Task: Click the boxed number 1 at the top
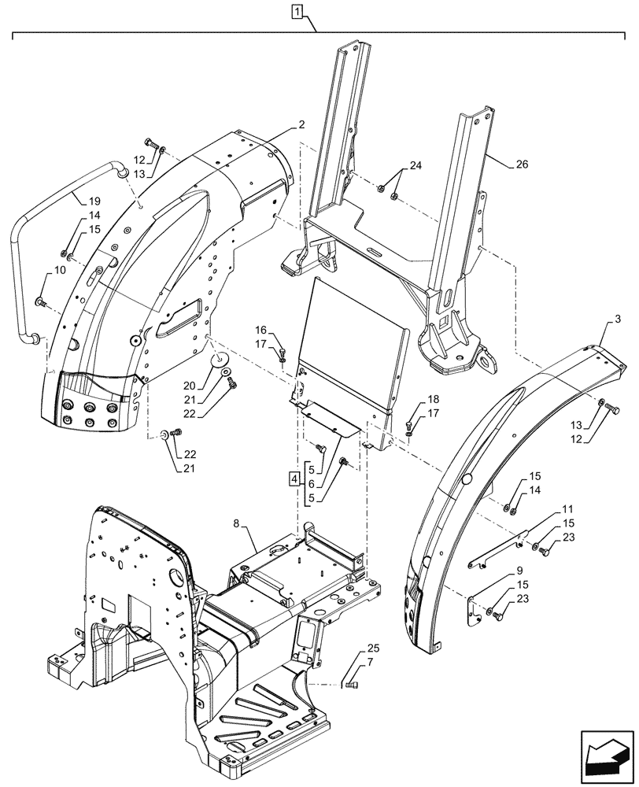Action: click(297, 12)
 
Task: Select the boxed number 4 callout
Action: click(294, 478)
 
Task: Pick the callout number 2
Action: click(302, 125)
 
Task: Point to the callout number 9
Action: click(520, 571)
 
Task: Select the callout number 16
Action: click(261, 331)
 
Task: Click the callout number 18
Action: click(434, 400)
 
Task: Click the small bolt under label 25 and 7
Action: click(352, 687)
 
